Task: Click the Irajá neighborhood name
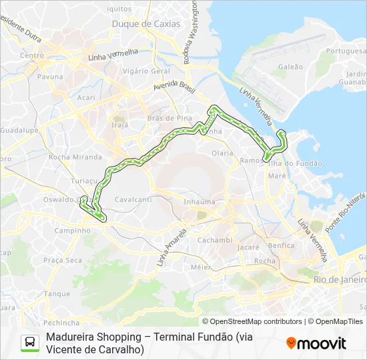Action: (x=119, y=125)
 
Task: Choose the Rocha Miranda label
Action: (x=70, y=157)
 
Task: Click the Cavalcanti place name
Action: (x=133, y=199)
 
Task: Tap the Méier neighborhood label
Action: (x=201, y=267)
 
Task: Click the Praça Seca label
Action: (x=62, y=260)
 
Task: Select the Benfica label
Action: (x=281, y=245)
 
